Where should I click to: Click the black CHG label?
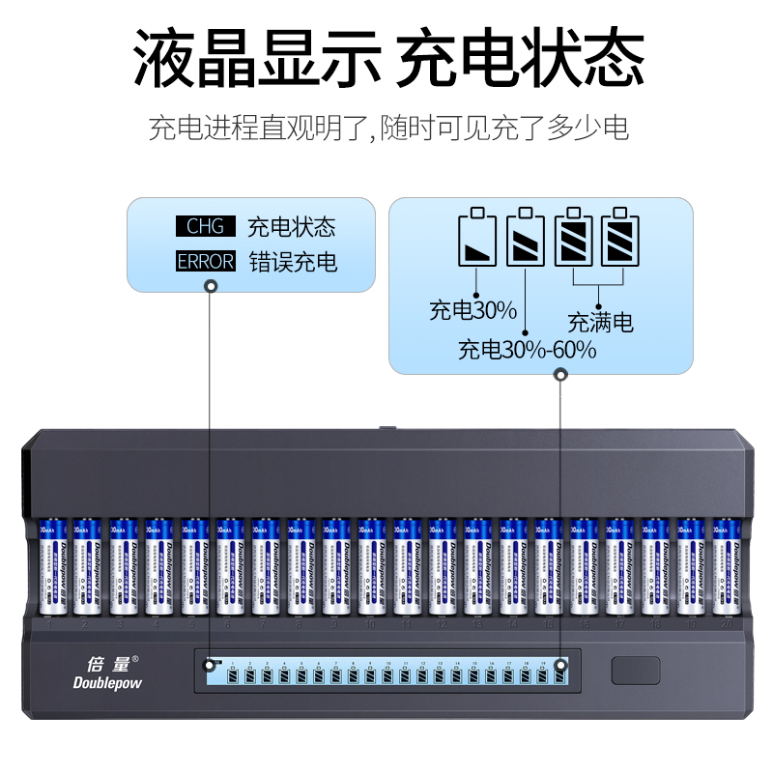click(205, 227)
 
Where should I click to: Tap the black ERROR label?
click(205, 261)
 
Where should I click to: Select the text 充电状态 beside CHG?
click(291, 227)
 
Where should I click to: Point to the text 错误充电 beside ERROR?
click(293, 261)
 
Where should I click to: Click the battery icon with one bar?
click(477, 238)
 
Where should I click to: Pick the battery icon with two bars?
click(526, 238)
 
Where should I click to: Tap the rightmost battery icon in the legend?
click(619, 238)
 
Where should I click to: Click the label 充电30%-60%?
click(527, 349)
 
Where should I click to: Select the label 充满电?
click(600, 322)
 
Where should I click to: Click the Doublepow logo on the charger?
click(107, 683)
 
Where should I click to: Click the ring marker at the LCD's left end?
click(210, 664)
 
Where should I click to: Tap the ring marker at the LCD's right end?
click(560, 664)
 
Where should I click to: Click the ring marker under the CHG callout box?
click(210, 285)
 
